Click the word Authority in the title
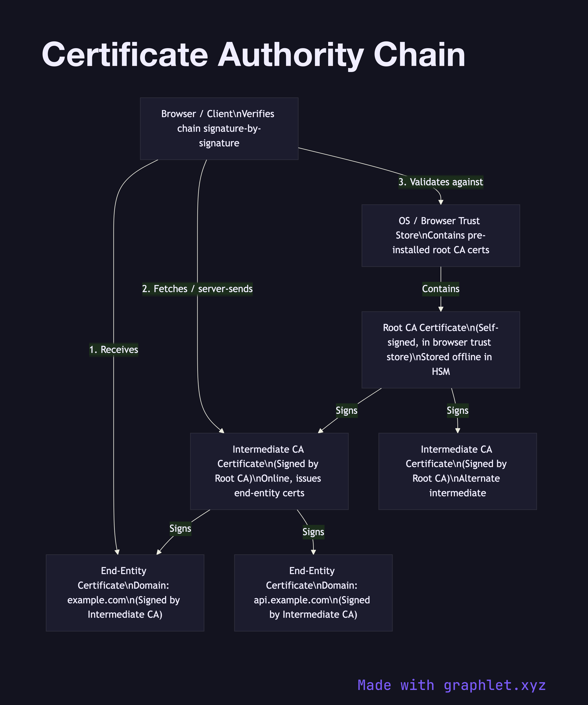pos(291,55)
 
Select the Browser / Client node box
pos(219,129)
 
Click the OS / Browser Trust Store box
pos(440,236)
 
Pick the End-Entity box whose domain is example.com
pos(125,593)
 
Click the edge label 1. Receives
pos(113,349)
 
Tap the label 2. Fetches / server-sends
pos(197,289)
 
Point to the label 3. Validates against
pos(440,182)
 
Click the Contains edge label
pos(440,289)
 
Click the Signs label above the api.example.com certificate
pos(313,532)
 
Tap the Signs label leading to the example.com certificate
pos(180,528)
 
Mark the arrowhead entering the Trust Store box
pos(441,202)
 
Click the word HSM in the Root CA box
pos(440,371)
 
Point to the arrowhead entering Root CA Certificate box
pos(441,309)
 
